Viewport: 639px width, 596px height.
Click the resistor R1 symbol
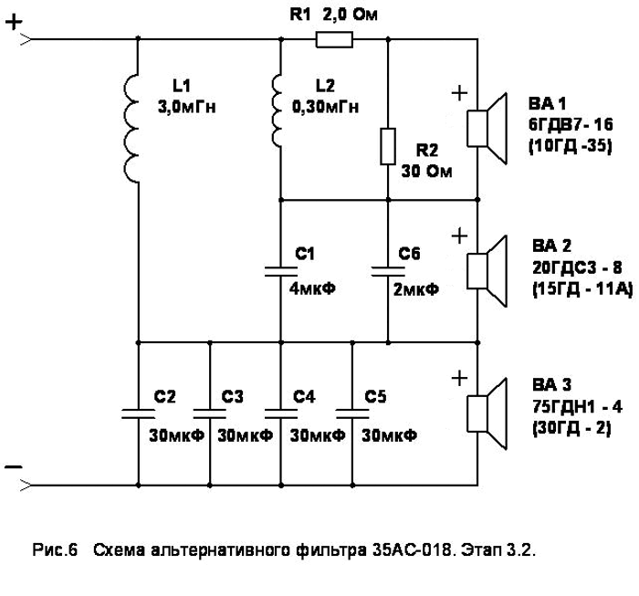coord(333,39)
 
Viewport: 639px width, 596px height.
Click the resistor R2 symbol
coord(389,146)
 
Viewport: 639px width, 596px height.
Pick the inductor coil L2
coord(278,110)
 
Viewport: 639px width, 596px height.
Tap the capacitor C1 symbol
coord(279,270)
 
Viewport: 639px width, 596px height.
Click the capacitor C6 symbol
coord(389,270)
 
